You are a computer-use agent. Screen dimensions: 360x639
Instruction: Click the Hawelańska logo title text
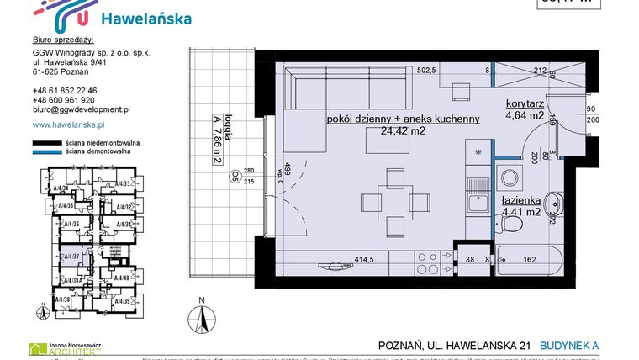click(x=145, y=19)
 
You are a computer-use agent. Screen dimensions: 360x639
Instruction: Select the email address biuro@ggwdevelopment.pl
click(x=81, y=109)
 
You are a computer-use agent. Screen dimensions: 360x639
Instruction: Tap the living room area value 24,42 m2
click(x=405, y=131)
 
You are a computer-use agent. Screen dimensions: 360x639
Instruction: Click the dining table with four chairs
click(x=394, y=202)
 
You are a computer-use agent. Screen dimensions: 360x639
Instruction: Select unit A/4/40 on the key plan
click(x=124, y=277)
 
